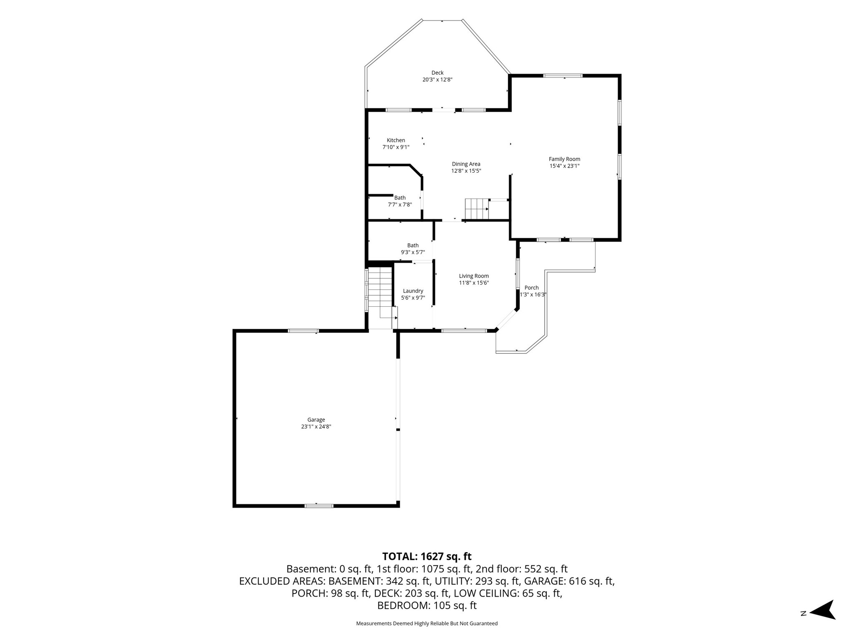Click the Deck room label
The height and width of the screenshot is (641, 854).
[x=437, y=73]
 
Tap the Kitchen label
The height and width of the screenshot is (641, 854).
[x=396, y=140]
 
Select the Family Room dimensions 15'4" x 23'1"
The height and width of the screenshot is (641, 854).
[x=565, y=166]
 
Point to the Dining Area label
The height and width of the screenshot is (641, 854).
[x=466, y=164]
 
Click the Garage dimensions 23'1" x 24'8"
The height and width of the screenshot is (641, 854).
[x=316, y=426]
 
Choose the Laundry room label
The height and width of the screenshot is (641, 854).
[x=413, y=291]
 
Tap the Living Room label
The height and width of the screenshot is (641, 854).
[x=474, y=276]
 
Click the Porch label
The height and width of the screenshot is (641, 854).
[x=532, y=288]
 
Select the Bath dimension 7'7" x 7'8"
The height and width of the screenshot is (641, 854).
[x=400, y=204]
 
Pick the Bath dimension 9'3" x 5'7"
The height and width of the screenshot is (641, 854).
[x=413, y=252]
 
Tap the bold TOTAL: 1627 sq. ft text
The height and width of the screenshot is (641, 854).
[x=427, y=556]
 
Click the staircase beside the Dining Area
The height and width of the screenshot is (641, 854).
[x=477, y=209]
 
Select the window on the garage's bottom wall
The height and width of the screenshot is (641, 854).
[x=319, y=506]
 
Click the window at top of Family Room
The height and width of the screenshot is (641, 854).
[x=563, y=76]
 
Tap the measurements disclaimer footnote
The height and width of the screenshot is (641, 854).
[x=427, y=623]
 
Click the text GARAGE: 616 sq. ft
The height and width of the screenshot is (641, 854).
[x=569, y=581]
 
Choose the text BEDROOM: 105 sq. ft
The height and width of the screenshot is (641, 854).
[x=427, y=606]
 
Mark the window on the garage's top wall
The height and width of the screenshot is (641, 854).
[x=303, y=331]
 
